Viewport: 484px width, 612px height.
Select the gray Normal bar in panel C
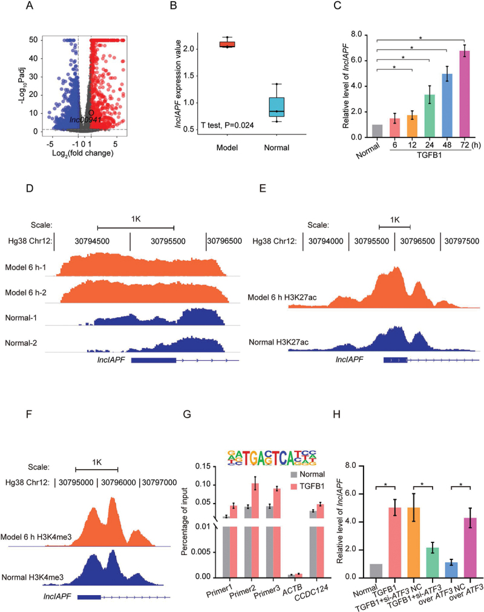[377, 131]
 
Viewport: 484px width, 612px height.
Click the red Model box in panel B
[227, 44]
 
